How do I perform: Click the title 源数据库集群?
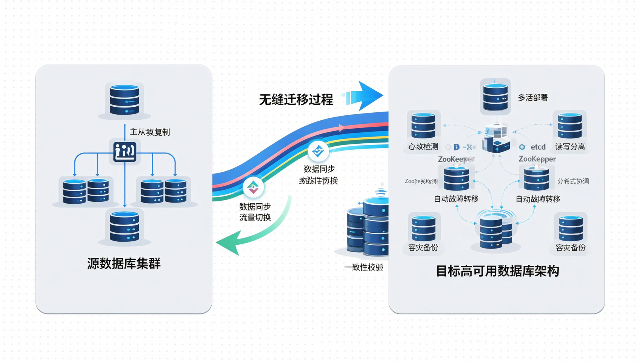pos(124,264)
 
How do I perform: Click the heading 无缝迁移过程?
pos(296,100)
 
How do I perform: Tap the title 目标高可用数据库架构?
pos(497,271)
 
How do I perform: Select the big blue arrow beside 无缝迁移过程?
pos(364,96)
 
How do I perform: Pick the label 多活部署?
pos(532,98)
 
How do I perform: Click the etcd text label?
pos(538,147)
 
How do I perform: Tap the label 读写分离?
pos(570,147)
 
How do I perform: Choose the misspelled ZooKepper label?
pos(537,159)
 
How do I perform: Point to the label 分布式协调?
pos(573,181)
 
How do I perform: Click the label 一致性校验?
pos(363,267)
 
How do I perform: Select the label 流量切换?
pos(255,218)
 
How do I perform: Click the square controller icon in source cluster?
pos(125,152)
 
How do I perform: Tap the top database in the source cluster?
pos(125,100)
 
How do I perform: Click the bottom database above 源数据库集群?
pos(125,226)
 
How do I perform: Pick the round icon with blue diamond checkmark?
pos(318,151)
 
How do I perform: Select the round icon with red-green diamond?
pos(253,187)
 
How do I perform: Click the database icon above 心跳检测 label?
pos(423,126)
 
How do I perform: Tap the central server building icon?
pos(496,138)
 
